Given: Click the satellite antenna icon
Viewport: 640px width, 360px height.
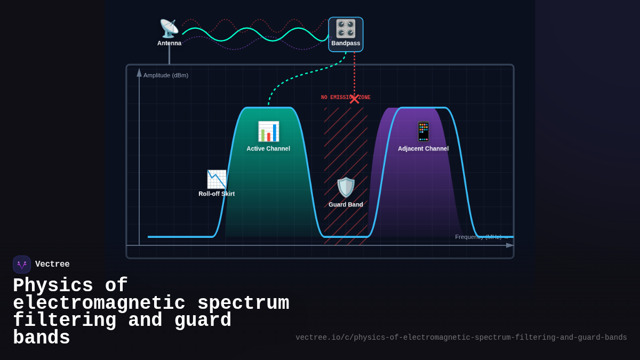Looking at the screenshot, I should coord(169,28).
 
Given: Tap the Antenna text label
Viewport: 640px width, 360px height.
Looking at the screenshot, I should coord(169,43).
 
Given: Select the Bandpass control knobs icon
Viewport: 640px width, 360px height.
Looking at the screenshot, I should coord(346,28).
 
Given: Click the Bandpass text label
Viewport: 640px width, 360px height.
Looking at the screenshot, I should coord(346,43).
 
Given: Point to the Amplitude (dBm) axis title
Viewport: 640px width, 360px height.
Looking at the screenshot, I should coord(166,75).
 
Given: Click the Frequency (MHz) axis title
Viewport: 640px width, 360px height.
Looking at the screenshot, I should coord(478,237).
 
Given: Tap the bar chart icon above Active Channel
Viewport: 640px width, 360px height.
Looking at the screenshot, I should coord(268,132).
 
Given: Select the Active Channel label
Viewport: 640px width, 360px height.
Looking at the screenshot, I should coord(268,149).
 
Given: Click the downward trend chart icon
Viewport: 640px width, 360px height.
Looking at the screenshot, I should coord(217,179).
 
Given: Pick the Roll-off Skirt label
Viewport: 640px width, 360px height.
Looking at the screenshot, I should coord(217,194).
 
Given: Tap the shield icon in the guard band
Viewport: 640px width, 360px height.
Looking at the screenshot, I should coord(346,187).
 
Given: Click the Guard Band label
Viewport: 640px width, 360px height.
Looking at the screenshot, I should coord(346,205).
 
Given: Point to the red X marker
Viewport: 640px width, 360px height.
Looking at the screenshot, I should coord(354,99).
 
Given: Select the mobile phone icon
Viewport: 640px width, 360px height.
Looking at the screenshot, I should coord(423,131).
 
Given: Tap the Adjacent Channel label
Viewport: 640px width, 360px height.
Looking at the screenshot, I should coord(423,149).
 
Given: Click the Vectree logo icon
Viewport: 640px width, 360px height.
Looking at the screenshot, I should coord(22,265).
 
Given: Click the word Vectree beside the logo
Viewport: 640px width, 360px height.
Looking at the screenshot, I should coord(52,265).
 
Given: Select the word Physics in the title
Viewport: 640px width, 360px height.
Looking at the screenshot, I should coord(53,286).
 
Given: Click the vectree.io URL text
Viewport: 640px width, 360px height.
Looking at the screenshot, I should coord(461,338).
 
